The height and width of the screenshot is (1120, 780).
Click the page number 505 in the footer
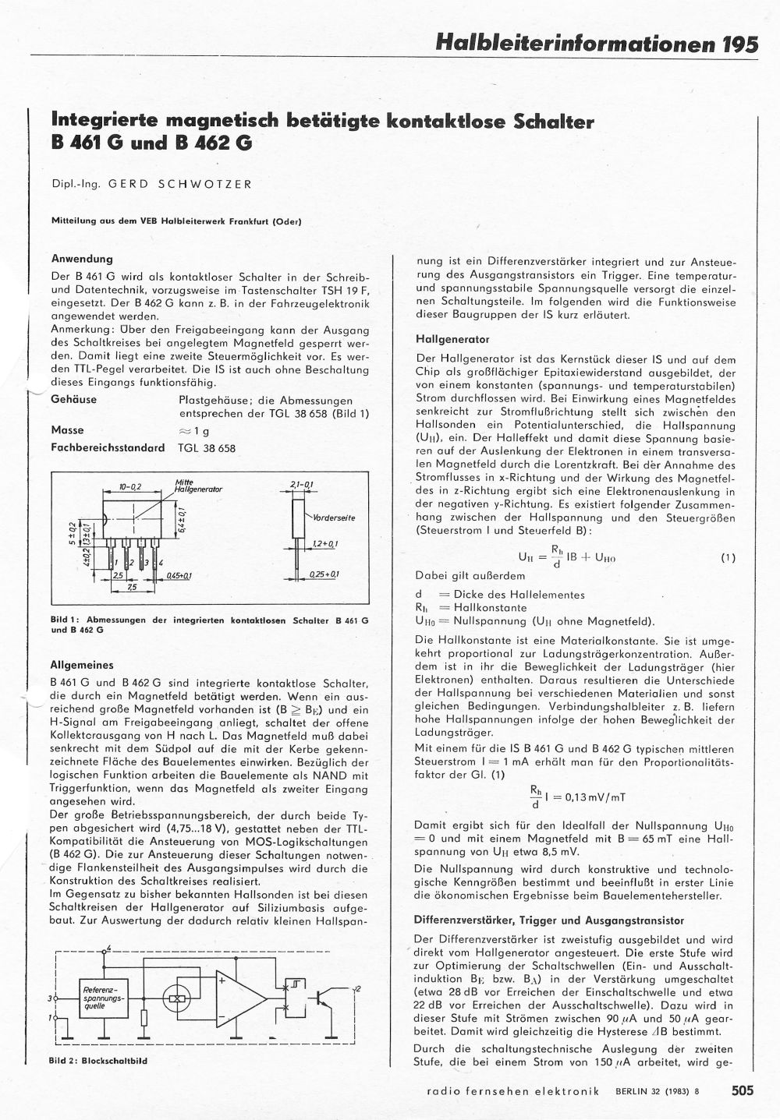click(x=743, y=1091)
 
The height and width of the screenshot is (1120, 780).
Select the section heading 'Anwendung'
click(x=82, y=259)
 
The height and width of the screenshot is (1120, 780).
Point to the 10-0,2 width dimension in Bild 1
click(x=129, y=486)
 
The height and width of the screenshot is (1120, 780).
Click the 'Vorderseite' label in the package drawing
click(x=334, y=518)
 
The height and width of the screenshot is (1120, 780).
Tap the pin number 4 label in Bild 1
click(x=161, y=562)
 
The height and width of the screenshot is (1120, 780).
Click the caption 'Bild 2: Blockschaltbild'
click(x=97, y=1061)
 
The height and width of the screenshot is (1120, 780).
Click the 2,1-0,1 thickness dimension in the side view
click(x=300, y=486)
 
